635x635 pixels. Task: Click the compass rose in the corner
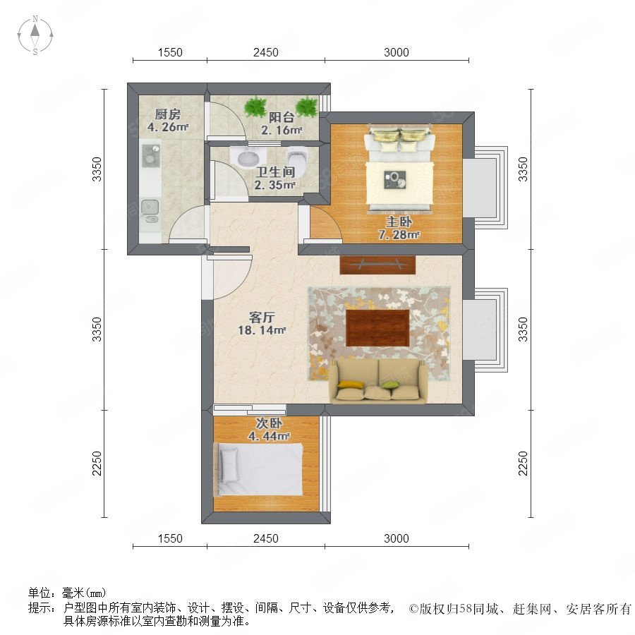(35, 35)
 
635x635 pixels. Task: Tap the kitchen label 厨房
(168, 114)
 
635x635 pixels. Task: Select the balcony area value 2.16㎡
(282, 131)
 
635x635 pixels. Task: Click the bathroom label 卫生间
(275, 171)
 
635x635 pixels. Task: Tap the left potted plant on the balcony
(255, 107)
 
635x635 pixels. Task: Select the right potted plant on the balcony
(307, 106)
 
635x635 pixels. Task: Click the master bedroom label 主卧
(399, 222)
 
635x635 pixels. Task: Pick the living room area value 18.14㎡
(262, 330)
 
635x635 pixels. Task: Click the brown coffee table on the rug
(377, 327)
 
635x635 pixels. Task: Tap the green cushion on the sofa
(388, 385)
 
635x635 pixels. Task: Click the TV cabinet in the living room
(377, 265)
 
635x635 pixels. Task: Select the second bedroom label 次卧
(269, 423)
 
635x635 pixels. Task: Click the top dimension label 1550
(170, 52)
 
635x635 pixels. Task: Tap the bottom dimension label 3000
(397, 538)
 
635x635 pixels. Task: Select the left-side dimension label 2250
(97, 464)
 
